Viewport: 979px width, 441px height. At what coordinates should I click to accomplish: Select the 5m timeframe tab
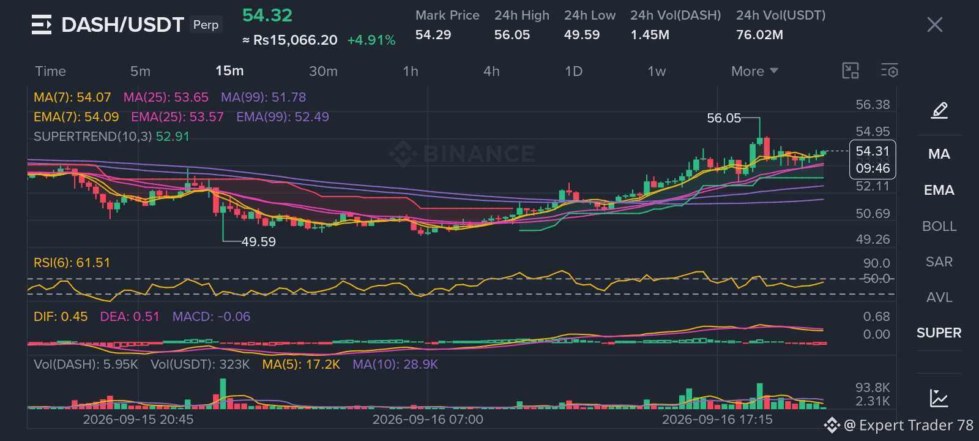[x=140, y=71]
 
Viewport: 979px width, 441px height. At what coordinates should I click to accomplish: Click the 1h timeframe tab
[x=411, y=71]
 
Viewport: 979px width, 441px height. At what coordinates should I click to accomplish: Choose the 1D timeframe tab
[x=573, y=71]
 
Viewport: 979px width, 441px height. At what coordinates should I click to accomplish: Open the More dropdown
[x=755, y=71]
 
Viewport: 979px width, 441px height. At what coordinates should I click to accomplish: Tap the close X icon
[x=935, y=25]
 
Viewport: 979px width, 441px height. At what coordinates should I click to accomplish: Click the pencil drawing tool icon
[x=939, y=110]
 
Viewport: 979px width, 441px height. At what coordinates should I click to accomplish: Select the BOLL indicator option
[x=939, y=226]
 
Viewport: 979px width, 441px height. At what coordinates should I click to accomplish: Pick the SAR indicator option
[x=939, y=262]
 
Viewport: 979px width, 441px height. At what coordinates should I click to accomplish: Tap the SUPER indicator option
[x=939, y=333]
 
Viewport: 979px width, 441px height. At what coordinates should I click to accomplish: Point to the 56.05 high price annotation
[x=724, y=118]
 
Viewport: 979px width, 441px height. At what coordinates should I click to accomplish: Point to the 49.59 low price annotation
[x=259, y=241]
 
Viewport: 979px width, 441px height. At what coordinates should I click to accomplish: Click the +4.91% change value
[x=371, y=40]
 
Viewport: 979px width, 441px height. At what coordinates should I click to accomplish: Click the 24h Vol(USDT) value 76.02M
[x=759, y=34]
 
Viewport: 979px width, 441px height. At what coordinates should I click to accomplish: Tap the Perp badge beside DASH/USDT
[x=206, y=24]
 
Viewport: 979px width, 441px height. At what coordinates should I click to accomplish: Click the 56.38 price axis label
[x=873, y=105]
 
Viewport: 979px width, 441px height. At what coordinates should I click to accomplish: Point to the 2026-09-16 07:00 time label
[x=428, y=420]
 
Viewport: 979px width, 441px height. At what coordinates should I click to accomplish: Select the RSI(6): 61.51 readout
[x=72, y=263]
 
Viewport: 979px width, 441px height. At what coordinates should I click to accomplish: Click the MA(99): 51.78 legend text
[x=264, y=97]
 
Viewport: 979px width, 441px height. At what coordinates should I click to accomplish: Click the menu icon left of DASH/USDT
[x=42, y=24]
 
